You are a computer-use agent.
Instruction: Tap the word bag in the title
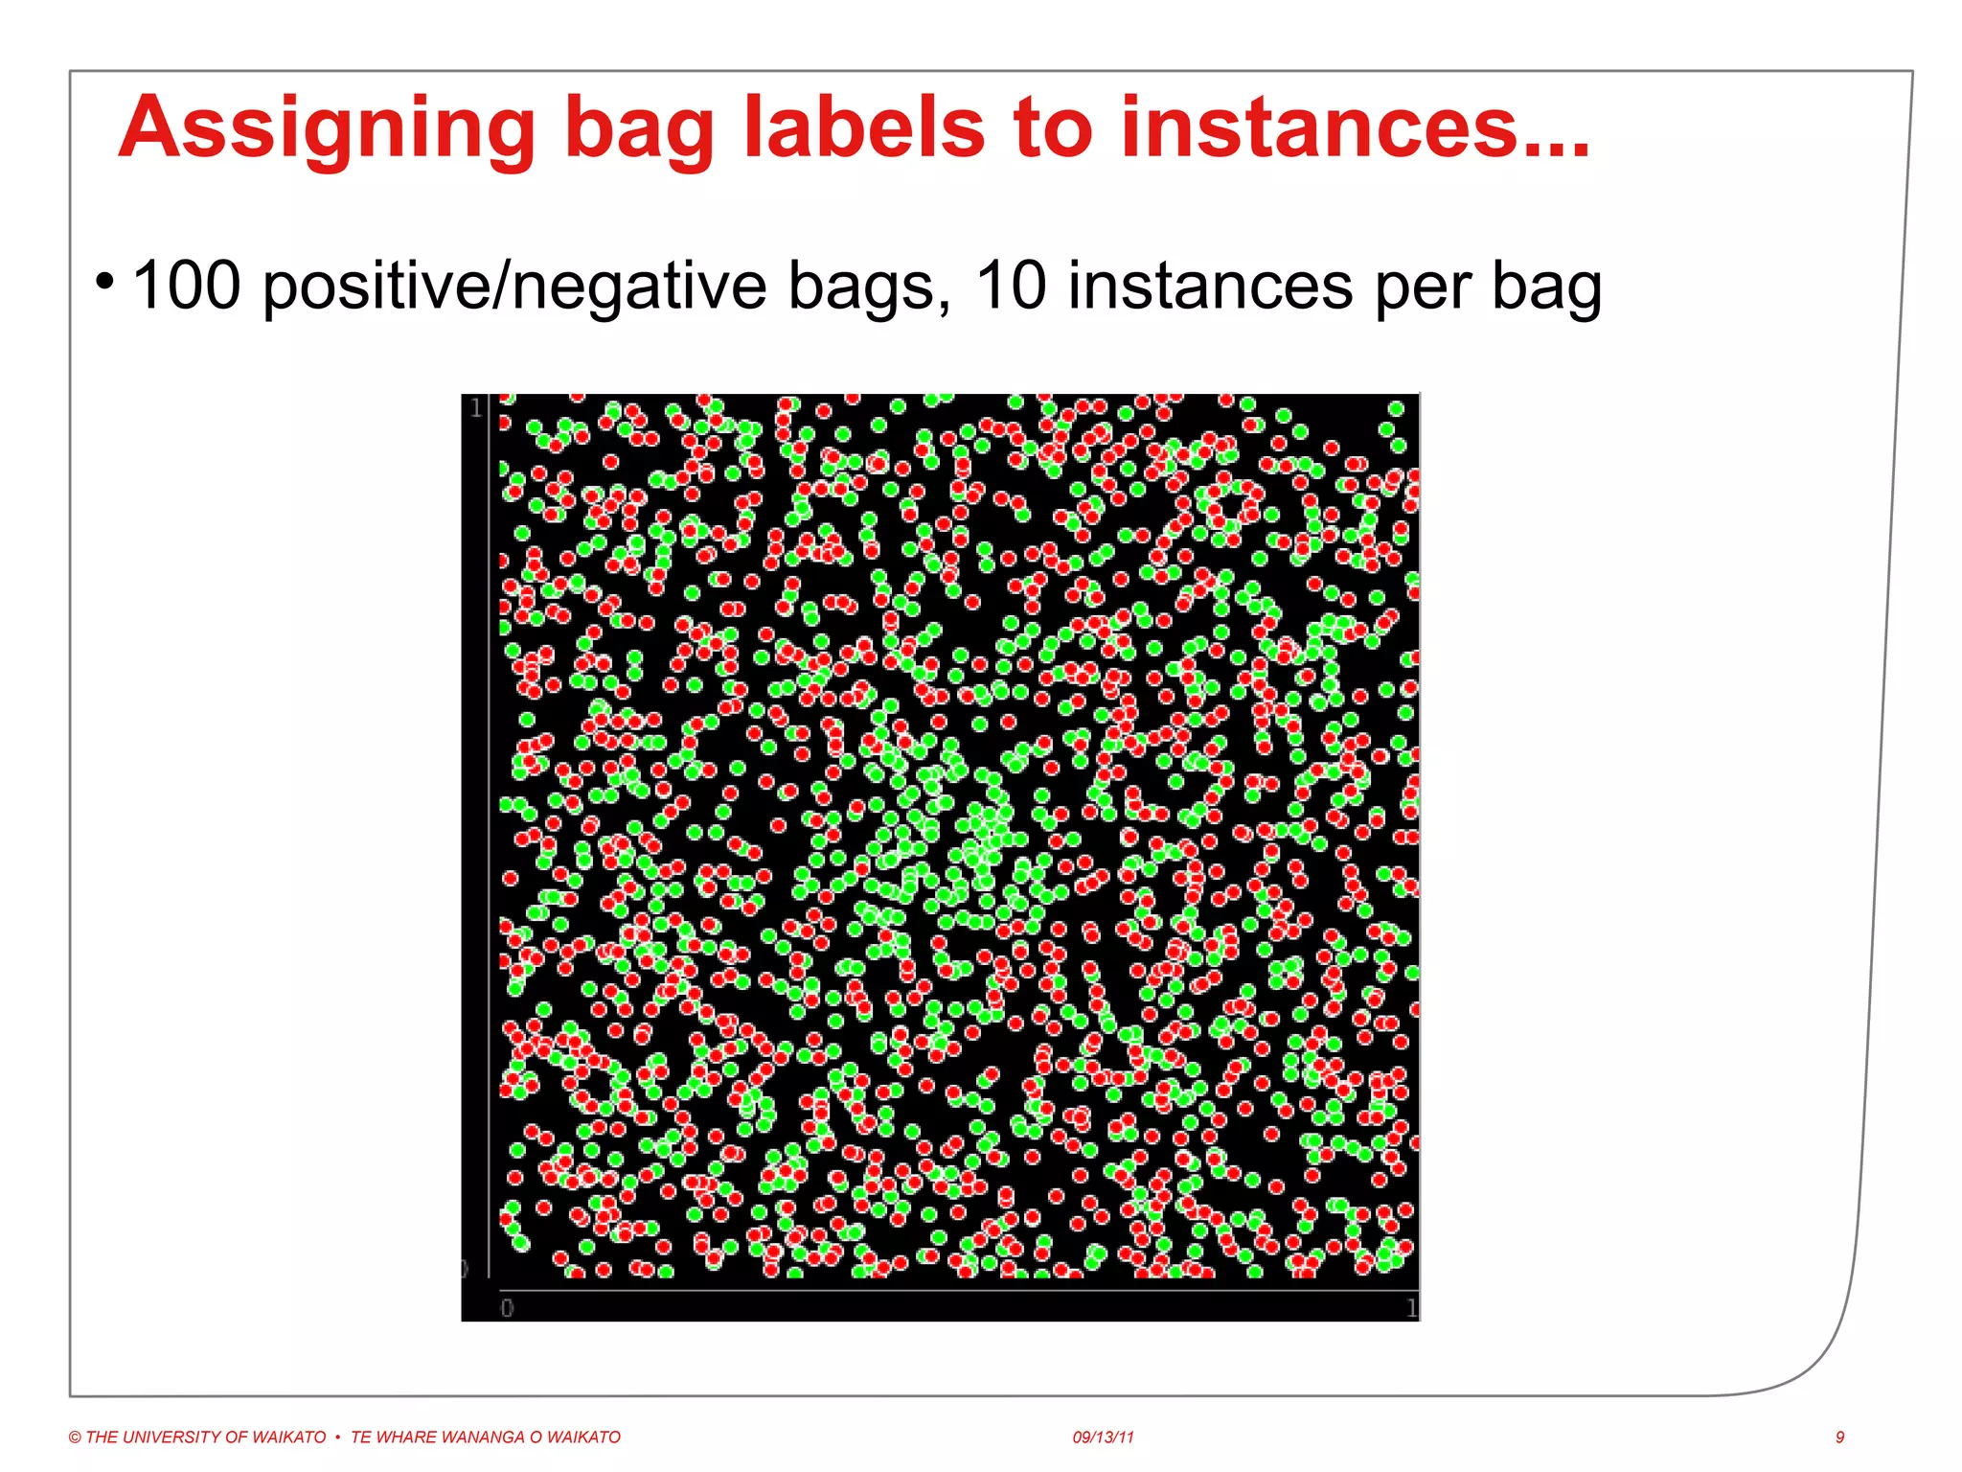pos(639,129)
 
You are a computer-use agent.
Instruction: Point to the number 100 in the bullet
pos(187,286)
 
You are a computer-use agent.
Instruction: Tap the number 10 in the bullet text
pos(1011,286)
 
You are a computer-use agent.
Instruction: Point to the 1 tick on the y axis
pos(476,409)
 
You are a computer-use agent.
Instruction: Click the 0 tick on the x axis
pos(507,1308)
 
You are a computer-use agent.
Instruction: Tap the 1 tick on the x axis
pos(1411,1308)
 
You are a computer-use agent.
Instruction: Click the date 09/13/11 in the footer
pos(1103,1437)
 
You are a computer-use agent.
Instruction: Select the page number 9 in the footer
pos(1839,1437)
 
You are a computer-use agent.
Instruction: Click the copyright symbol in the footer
pos(75,1437)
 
